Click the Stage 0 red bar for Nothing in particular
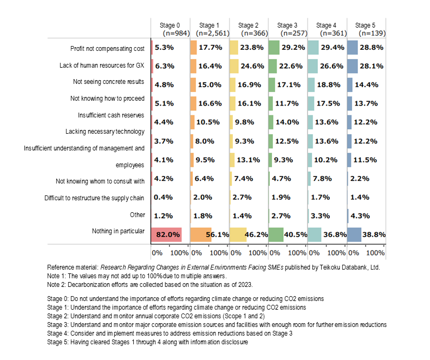point(166,234)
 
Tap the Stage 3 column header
point(287,25)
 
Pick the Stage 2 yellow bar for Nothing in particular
point(237,234)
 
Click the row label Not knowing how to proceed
point(107,99)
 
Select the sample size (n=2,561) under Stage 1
point(209,33)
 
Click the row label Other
point(137,215)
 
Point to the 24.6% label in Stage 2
point(252,67)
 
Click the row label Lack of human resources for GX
point(102,66)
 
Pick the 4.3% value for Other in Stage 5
point(360,215)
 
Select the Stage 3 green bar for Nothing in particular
point(276,234)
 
